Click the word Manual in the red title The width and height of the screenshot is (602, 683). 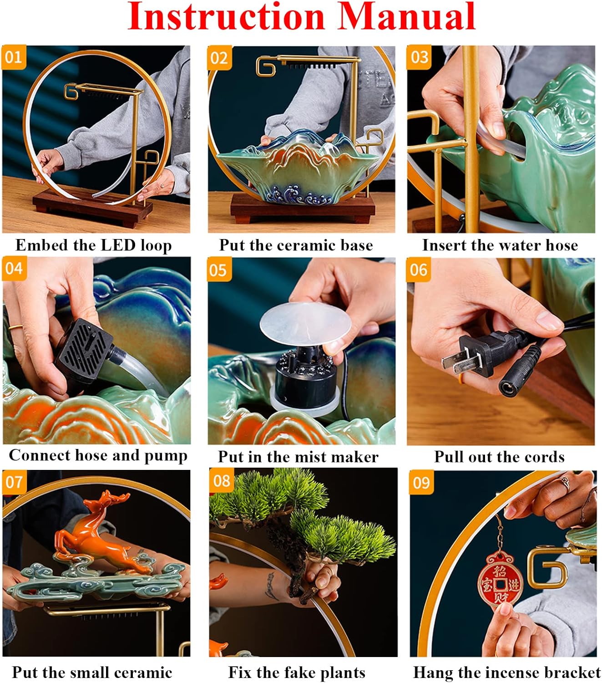pyautogui.click(x=406, y=17)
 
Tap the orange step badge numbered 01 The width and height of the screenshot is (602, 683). pyautogui.click(x=14, y=57)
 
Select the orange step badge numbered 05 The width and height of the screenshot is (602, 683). pyautogui.click(x=219, y=270)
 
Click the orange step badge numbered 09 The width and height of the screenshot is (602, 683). pyautogui.click(x=421, y=483)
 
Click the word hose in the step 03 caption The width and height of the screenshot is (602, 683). pyautogui.click(x=561, y=245)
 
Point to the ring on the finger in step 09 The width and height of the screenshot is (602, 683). pyautogui.click(x=565, y=483)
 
